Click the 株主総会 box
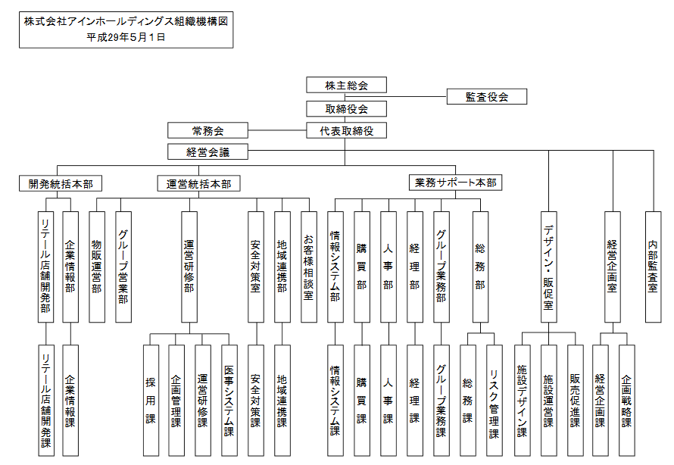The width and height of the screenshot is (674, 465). point(347,85)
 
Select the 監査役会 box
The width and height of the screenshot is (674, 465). point(486,97)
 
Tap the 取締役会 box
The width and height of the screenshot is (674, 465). point(347,108)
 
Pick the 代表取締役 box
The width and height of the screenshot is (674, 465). point(347,130)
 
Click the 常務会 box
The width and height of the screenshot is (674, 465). point(208,130)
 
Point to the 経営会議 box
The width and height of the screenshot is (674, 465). point(208,151)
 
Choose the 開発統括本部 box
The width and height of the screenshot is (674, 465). point(61,183)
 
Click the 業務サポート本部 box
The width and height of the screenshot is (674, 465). point(455,183)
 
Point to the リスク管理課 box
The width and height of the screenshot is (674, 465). point(494,400)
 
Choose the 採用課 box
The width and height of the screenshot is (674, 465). point(151,400)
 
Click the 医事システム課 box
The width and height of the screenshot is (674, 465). point(229,400)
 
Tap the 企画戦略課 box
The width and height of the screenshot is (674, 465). point(626,400)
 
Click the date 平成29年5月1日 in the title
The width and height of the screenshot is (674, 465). point(126,36)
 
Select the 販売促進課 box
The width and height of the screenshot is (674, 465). point(575,400)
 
